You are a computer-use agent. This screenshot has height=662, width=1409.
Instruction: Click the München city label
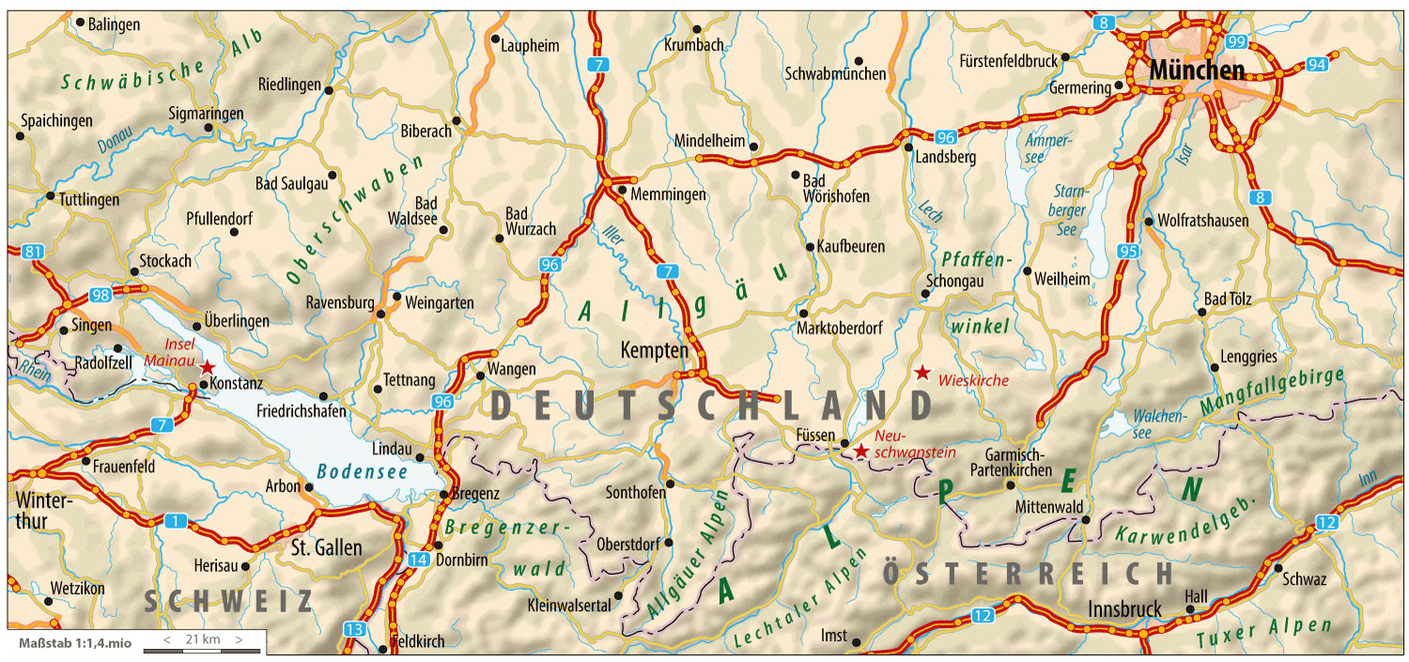[x=1195, y=69]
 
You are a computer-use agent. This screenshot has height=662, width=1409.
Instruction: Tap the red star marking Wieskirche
[x=923, y=373]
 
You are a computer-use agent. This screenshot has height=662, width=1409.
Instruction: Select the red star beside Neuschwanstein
[x=860, y=451]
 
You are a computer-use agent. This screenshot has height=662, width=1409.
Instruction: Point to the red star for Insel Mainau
[x=208, y=367]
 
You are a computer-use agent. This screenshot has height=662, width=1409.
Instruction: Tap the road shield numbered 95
[x=1129, y=251]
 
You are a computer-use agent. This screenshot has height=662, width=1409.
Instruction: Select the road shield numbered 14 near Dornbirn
[x=419, y=561]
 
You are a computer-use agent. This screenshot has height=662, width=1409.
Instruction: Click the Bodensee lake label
[x=363, y=471]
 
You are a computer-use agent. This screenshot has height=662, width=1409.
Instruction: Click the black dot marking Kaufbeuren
[x=810, y=247]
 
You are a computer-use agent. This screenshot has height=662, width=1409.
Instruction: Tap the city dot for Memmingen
[x=622, y=191]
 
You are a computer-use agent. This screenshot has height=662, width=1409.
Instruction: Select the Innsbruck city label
[x=1123, y=608]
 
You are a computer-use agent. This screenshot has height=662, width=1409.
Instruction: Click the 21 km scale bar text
[x=203, y=639]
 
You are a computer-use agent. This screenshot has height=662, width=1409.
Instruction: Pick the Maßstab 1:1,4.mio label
[x=75, y=644]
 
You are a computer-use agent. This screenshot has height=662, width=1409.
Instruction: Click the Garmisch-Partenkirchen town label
[x=1018, y=461]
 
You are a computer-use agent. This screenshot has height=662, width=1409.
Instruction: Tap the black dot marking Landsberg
[x=908, y=147]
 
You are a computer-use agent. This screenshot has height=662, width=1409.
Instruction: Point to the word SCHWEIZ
[x=228, y=602]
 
